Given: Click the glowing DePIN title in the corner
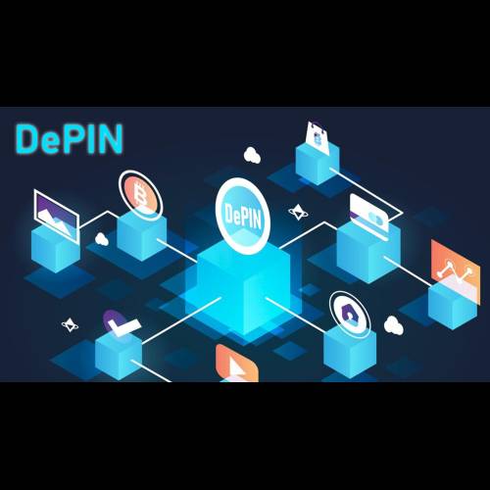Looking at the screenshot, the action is coord(69,139).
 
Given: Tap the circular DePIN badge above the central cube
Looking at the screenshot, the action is coord(242,216).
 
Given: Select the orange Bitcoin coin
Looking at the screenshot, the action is coord(140,194).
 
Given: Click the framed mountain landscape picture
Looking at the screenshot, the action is coord(56,216).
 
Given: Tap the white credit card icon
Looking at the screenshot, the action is coord(369,212).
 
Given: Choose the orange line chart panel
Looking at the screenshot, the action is coord(456,271).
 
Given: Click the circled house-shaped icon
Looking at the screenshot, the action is coord(350,314).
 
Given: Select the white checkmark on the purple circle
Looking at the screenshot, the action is coord(121,323).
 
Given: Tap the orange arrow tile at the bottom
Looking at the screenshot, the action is coord(237,364).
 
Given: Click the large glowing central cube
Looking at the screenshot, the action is coord(243,287).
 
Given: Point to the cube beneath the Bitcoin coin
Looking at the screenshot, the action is coord(142,236).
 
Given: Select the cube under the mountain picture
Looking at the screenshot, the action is coord(56,249).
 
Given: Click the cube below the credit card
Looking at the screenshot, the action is coord(368,252).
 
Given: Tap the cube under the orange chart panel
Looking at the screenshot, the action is coord(452,306).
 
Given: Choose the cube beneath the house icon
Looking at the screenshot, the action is coord(350,353).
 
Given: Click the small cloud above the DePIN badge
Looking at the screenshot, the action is coord(252,155).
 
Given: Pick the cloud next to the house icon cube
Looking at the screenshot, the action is coord(394,325).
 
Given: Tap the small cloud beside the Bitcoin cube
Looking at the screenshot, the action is coord(102,239).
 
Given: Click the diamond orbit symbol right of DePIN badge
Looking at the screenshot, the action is coord(298,213).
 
